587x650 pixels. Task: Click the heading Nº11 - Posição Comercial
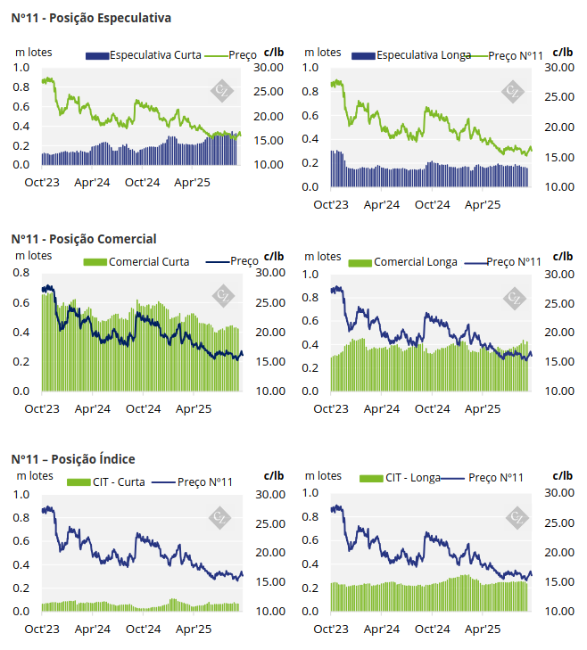click(84, 239)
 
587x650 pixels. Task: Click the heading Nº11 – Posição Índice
click(73, 459)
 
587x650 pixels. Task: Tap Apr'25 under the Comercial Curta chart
click(195, 408)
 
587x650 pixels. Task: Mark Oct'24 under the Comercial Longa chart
click(434, 408)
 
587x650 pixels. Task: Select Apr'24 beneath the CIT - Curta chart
click(93, 629)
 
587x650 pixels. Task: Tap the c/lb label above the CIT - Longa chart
click(563, 476)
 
